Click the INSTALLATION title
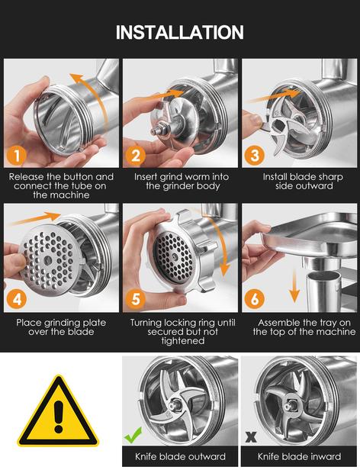coord(180,32)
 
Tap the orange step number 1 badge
coord(17,155)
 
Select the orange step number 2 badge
coord(136,155)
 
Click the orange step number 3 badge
coord(255,155)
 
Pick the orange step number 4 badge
coord(17,299)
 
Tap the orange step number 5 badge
coord(136,299)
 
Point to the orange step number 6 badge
coord(255,299)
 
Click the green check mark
coord(133,435)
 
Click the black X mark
coord(251,436)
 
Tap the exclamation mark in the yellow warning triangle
coord(59,417)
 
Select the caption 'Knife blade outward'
coord(180,456)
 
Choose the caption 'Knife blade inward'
coord(299,456)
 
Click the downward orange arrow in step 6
coord(294,285)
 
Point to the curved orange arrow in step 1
coord(97,93)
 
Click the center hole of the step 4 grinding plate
coord(47,260)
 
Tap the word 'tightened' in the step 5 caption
coord(183,341)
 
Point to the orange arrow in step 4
coord(35,219)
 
